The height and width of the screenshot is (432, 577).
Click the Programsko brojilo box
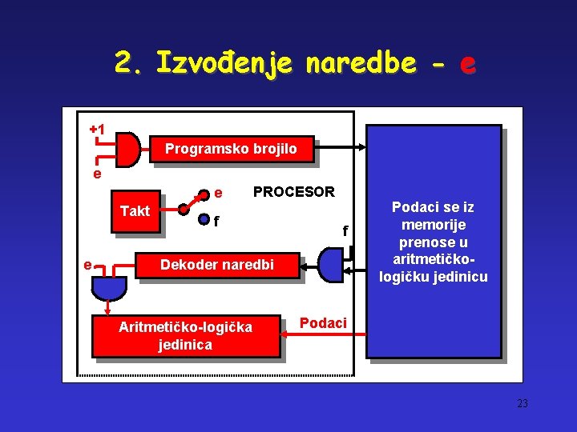[231, 149]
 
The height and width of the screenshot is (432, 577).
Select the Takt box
[135, 211]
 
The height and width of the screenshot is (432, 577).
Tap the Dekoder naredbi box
[218, 264]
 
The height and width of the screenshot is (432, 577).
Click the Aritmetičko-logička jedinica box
[185, 336]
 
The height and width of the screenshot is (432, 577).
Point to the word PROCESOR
[293, 192]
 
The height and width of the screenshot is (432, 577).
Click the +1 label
[97, 129]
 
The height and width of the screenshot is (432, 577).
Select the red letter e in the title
[467, 63]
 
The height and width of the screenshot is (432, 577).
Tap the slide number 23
[523, 404]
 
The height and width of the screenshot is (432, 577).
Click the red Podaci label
[323, 322]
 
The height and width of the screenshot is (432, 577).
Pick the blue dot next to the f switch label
[204, 219]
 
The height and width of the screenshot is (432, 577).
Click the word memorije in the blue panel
[434, 225]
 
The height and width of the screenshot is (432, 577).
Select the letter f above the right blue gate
[345, 230]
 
